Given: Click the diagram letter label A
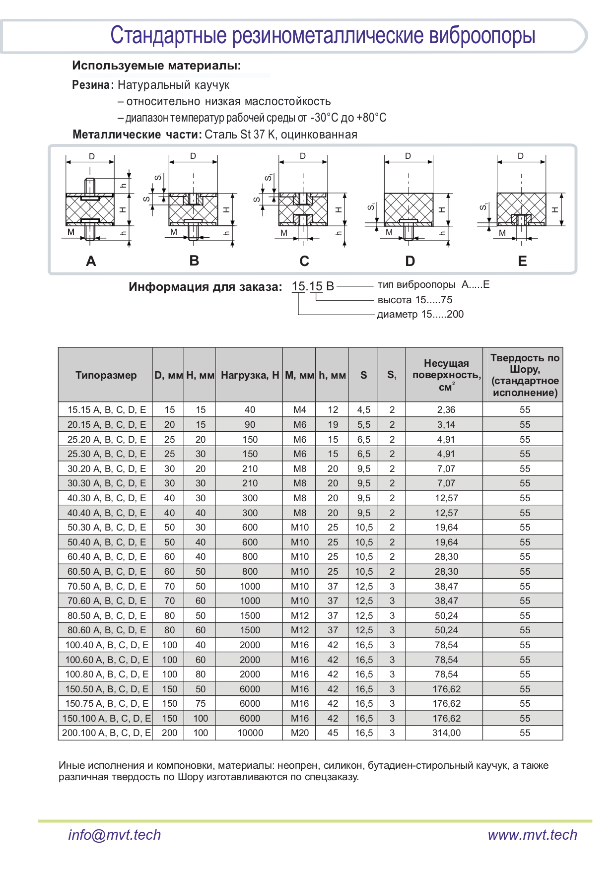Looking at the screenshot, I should (x=91, y=261).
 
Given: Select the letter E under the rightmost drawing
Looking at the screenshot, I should (x=522, y=261).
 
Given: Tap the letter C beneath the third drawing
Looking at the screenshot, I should (x=304, y=261).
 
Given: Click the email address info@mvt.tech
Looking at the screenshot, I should (x=115, y=835).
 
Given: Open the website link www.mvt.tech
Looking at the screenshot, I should (x=532, y=835).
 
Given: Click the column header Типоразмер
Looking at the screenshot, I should (x=106, y=375).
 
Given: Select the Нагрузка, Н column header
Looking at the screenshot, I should (x=250, y=375).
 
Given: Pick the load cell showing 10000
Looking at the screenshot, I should (x=250, y=733).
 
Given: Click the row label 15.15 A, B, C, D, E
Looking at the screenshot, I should (x=107, y=410).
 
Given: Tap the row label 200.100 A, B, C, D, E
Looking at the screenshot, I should (x=106, y=733).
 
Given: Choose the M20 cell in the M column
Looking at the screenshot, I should (x=299, y=733).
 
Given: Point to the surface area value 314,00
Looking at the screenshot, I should (x=446, y=733).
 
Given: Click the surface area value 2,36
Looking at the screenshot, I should (x=446, y=410).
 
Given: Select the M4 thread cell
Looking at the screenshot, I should (x=299, y=410).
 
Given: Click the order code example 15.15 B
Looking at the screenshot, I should (x=313, y=286).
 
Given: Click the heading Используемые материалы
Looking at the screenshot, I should (x=156, y=66).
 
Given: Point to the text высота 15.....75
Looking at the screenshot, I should (x=415, y=300).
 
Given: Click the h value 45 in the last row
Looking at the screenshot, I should (x=333, y=733).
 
